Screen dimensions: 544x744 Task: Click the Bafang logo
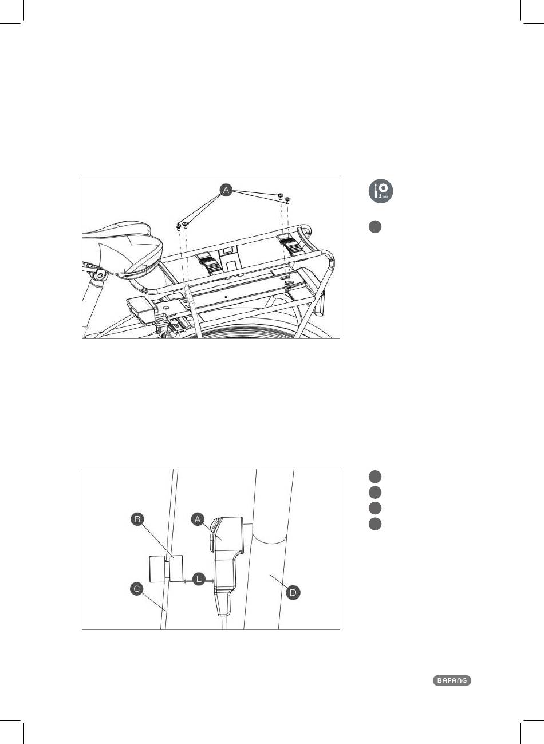[x=452, y=680]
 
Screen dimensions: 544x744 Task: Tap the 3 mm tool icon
[x=381, y=191]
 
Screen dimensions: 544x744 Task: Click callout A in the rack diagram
[x=226, y=190]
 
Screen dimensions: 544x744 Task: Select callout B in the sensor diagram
[x=137, y=519]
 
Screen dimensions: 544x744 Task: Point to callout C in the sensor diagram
[x=136, y=589]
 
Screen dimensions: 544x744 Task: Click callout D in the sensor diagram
[x=293, y=593]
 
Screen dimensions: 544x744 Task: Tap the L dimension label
[x=199, y=580]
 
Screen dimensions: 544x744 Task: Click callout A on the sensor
[x=198, y=519]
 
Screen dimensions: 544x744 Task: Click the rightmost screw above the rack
[x=287, y=200]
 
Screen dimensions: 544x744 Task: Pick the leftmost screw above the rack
[x=178, y=226]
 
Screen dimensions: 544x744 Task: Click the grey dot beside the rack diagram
[x=375, y=227]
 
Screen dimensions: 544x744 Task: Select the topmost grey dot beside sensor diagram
[x=375, y=477]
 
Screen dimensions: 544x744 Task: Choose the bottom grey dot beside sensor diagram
[x=375, y=524]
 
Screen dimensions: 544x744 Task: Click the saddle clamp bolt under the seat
[x=100, y=275]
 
